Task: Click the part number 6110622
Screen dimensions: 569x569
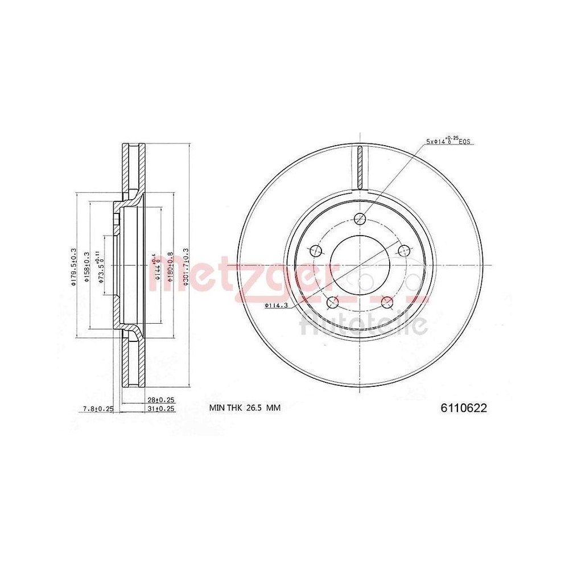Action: coord(464,407)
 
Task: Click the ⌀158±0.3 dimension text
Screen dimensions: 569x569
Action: coord(87,266)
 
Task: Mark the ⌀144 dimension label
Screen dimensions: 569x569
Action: coord(154,266)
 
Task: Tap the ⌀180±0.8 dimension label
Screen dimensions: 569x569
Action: coord(169,266)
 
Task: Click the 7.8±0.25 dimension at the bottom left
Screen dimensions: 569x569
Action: coord(98,409)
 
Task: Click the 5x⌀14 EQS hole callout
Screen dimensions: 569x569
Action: coord(450,141)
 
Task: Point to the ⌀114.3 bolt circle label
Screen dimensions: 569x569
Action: coord(278,306)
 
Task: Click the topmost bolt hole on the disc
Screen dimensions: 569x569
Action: coord(360,217)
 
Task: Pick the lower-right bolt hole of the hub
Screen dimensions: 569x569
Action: coord(387,302)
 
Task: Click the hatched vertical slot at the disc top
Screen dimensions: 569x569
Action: coord(360,167)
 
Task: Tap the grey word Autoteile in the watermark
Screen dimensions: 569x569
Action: coord(363,324)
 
